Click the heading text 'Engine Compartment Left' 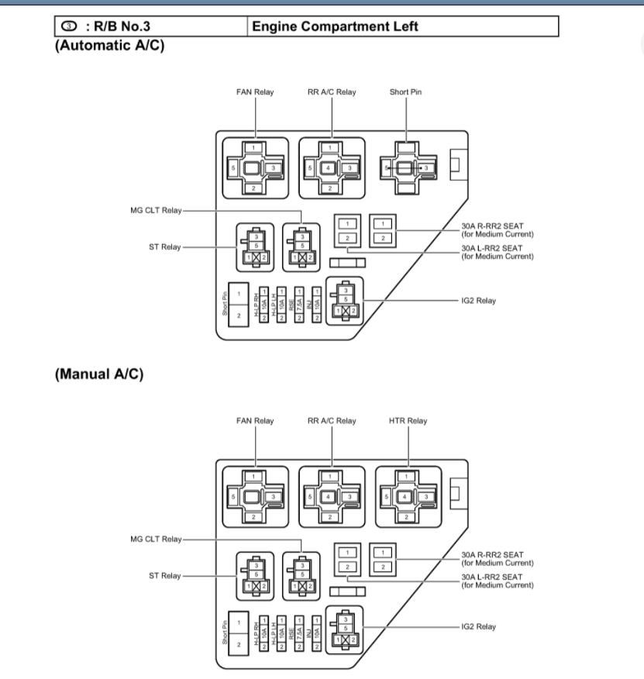pyautogui.click(x=335, y=27)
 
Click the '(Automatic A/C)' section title pyautogui.click(x=110, y=44)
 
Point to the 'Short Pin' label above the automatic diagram pyautogui.click(x=405, y=92)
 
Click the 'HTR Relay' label pyautogui.click(x=408, y=421)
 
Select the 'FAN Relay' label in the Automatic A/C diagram pyautogui.click(x=255, y=92)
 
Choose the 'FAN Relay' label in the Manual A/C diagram pyautogui.click(x=255, y=421)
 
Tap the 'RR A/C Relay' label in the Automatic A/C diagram pyautogui.click(x=332, y=92)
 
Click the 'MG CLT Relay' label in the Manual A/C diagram pyautogui.click(x=157, y=539)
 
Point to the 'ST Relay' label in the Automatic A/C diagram pyautogui.click(x=164, y=247)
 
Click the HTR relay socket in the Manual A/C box pyautogui.click(x=408, y=495)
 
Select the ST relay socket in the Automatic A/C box pyautogui.click(x=255, y=247)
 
